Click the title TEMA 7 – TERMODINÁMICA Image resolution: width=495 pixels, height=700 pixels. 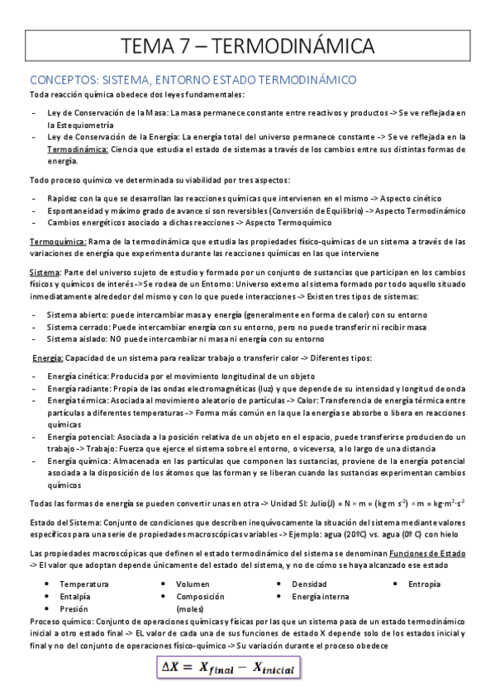[247, 45]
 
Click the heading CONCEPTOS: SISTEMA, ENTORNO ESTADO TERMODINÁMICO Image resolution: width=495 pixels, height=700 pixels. [193, 80]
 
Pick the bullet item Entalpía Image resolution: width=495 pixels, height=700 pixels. [75, 596]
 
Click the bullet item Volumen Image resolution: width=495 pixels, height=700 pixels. [193, 584]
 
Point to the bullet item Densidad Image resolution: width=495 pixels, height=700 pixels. [310, 584]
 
